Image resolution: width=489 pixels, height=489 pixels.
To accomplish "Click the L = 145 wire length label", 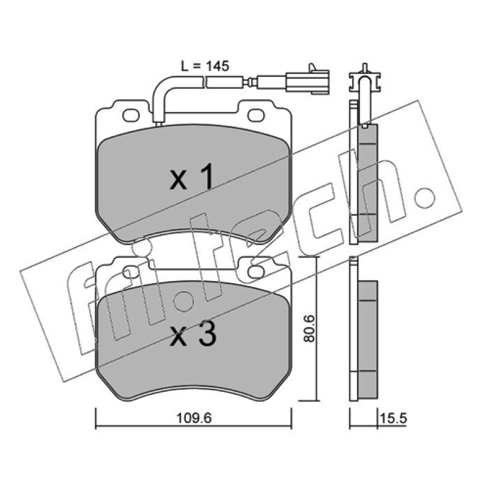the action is [205, 66].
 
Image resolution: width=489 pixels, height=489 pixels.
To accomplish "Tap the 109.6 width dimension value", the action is [194, 418].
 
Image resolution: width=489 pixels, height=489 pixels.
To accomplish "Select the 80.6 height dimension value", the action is [310, 328].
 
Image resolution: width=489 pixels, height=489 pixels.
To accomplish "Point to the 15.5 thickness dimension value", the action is [394, 418].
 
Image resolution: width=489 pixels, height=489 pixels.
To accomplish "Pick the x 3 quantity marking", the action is [193, 334].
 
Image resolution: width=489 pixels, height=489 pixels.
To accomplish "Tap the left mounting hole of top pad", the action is [131, 116].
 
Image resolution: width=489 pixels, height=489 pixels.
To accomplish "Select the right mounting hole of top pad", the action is [256, 116].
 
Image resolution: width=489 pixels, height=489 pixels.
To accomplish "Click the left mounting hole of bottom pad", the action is [130, 272].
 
